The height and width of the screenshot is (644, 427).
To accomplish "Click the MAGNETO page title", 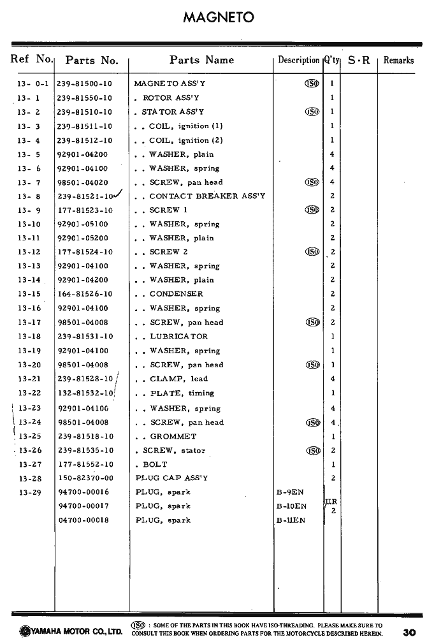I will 219,17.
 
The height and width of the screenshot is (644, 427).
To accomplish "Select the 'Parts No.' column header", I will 92,61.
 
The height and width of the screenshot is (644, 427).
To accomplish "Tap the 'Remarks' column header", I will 398,61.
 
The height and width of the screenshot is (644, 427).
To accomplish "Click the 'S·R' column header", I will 359,61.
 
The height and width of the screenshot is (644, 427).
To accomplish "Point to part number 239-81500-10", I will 84,84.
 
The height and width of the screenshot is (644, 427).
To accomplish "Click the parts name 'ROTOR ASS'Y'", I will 171,98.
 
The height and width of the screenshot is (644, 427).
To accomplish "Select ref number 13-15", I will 29,294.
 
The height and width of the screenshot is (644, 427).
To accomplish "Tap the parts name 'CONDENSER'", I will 176,294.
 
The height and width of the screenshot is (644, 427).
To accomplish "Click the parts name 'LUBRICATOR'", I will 178,336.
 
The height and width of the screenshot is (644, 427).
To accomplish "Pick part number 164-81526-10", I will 85,294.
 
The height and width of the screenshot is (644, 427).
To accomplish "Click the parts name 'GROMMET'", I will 173,437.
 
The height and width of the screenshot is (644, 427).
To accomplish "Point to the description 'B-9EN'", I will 290,492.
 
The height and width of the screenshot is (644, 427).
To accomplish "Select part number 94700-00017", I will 83,506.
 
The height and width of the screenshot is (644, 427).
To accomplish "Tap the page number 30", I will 409,633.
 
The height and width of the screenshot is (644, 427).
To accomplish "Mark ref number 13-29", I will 29,492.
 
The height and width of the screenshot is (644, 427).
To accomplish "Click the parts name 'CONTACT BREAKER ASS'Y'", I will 207,196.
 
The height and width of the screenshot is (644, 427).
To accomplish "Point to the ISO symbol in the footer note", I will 137,625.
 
